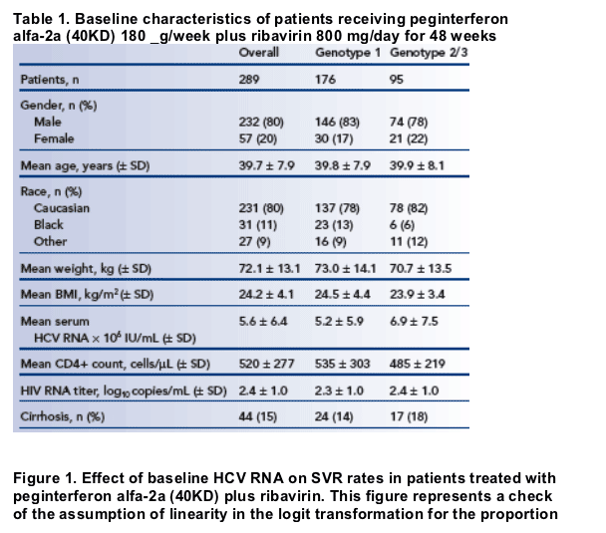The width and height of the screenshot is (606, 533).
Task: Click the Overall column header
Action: (258, 53)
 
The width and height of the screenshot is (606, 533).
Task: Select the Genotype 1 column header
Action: (348, 53)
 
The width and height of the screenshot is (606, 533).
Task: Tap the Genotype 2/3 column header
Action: (429, 53)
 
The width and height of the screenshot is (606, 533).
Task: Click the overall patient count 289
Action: (249, 80)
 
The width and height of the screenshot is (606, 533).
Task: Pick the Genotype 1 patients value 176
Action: (325, 80)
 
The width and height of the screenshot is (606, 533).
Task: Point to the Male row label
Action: (48, 123)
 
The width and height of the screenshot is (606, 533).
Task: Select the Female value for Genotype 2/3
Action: (409, 138)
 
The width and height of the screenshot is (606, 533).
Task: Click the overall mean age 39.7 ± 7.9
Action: (267, 165)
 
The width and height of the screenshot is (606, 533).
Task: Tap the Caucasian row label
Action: (62, 208)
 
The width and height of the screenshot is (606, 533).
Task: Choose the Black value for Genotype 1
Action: (334, 225)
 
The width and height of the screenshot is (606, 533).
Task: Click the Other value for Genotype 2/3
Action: (409, 242)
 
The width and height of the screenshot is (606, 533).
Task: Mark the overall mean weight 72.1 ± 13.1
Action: (269, 268)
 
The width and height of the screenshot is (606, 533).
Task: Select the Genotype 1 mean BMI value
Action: (343, 294)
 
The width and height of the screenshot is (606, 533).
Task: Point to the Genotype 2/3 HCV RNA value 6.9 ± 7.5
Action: (414, 322)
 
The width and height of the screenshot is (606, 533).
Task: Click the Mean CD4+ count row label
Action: (116, 364)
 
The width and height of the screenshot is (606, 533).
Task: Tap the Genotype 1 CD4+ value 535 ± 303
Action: (343, 364)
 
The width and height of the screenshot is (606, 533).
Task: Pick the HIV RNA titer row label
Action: (124, 391)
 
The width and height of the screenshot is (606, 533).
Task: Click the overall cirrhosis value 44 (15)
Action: (258, 416)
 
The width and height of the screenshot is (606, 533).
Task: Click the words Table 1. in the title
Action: (41, 19)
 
